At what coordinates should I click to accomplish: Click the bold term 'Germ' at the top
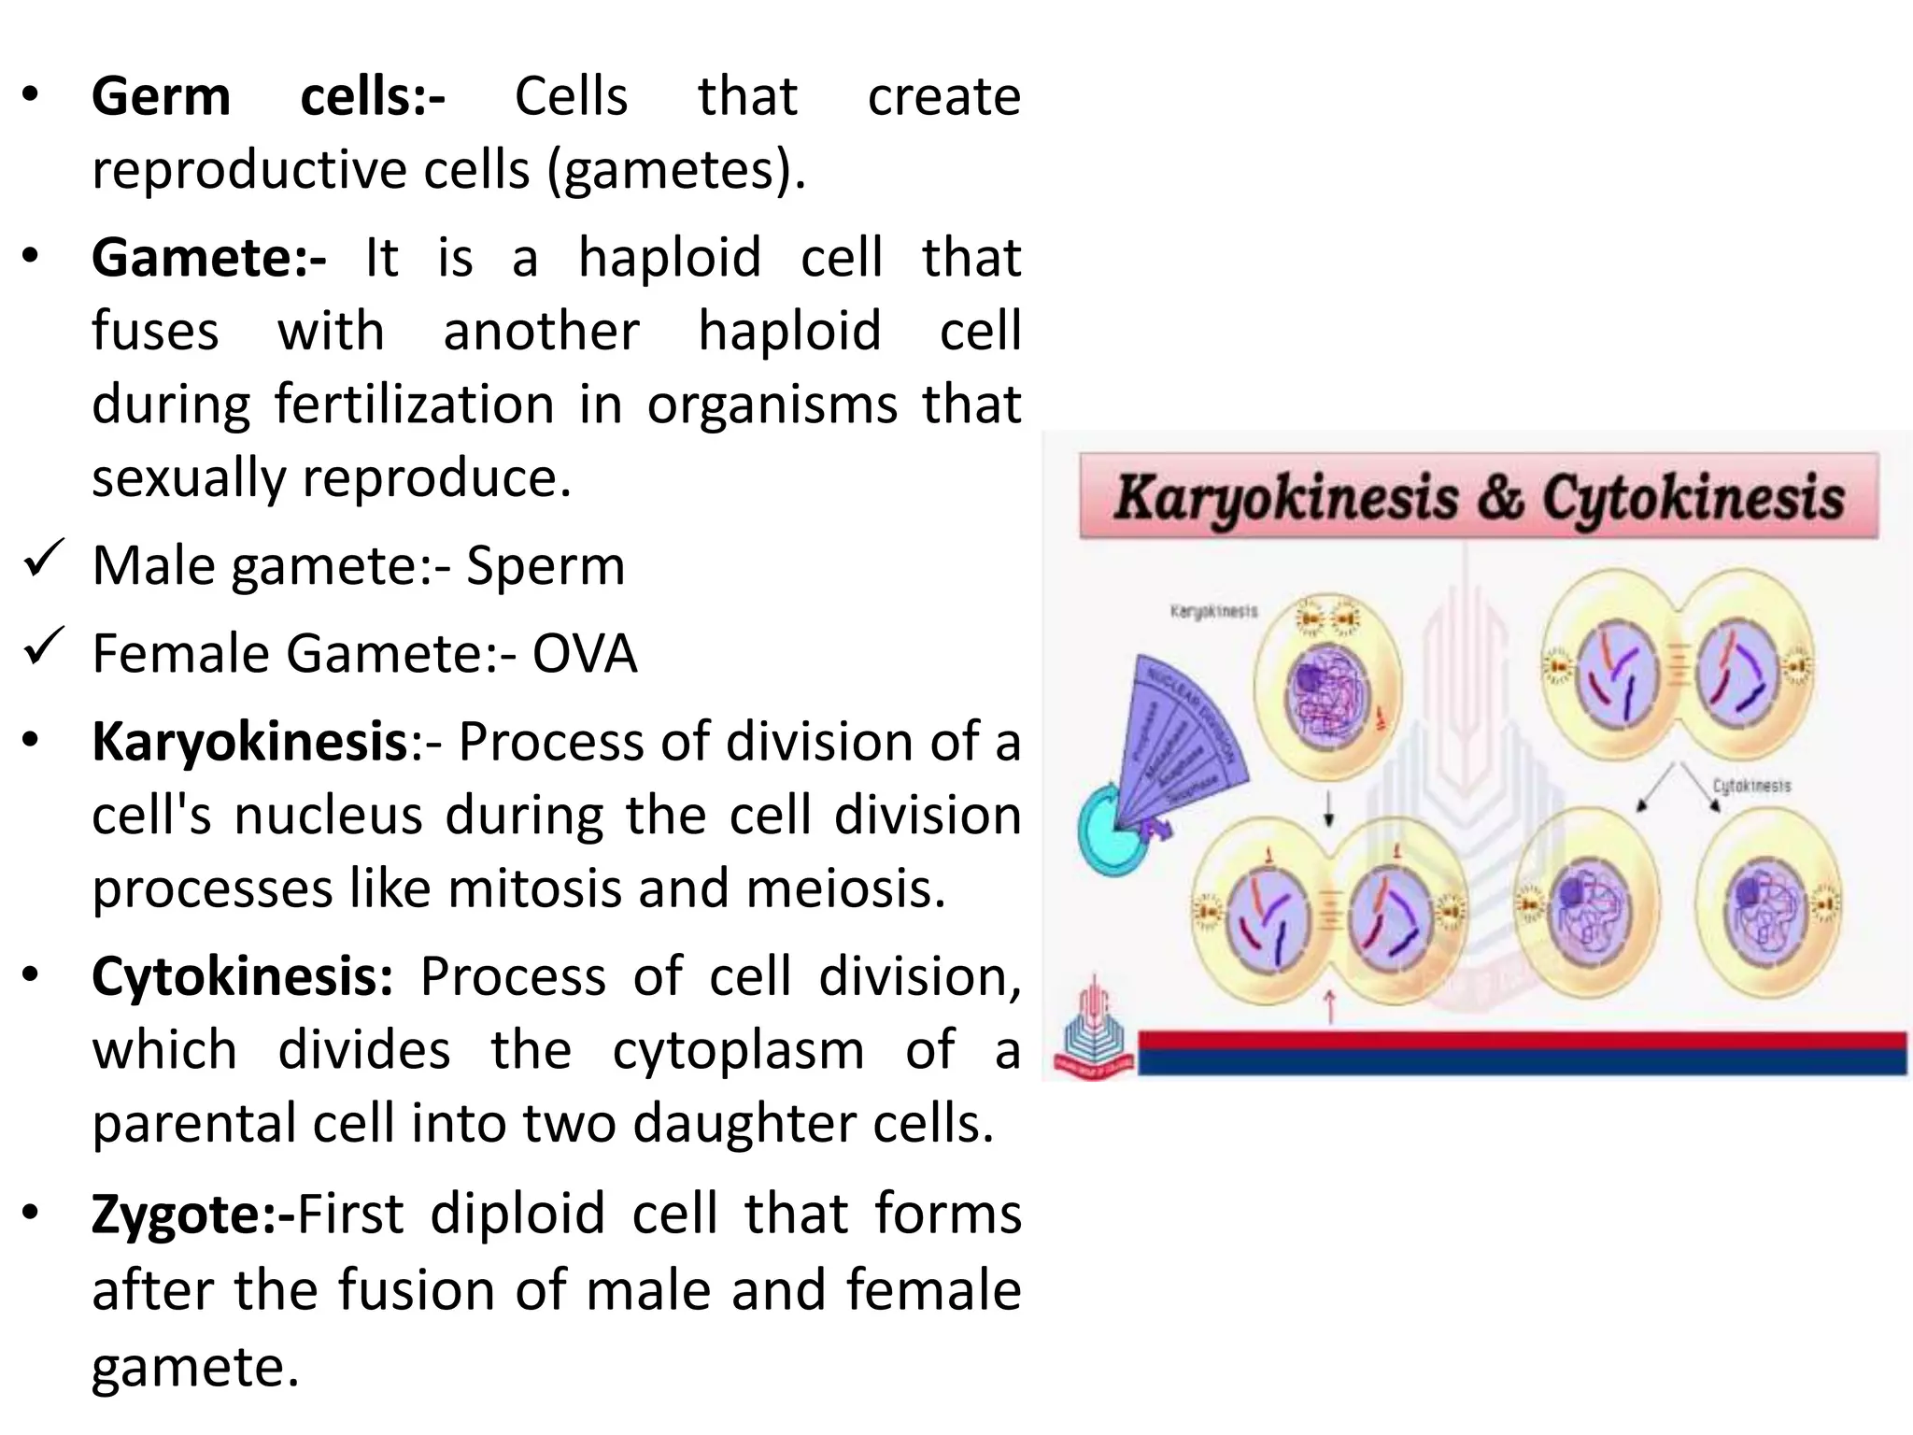[161, 97]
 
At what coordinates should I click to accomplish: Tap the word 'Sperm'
[546, 566]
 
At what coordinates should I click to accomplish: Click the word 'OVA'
[585, 654]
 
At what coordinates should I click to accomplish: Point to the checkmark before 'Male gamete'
[43, 558]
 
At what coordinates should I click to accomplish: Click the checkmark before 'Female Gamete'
[43, 646]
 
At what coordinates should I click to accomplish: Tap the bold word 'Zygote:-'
[192, 1215]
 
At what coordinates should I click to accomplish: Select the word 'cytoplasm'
[738, 1050]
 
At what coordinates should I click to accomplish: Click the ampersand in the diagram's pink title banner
[1500, 497]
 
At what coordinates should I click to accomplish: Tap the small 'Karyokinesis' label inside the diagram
[1213, 611]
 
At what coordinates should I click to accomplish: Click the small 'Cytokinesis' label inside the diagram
[1751, 786]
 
